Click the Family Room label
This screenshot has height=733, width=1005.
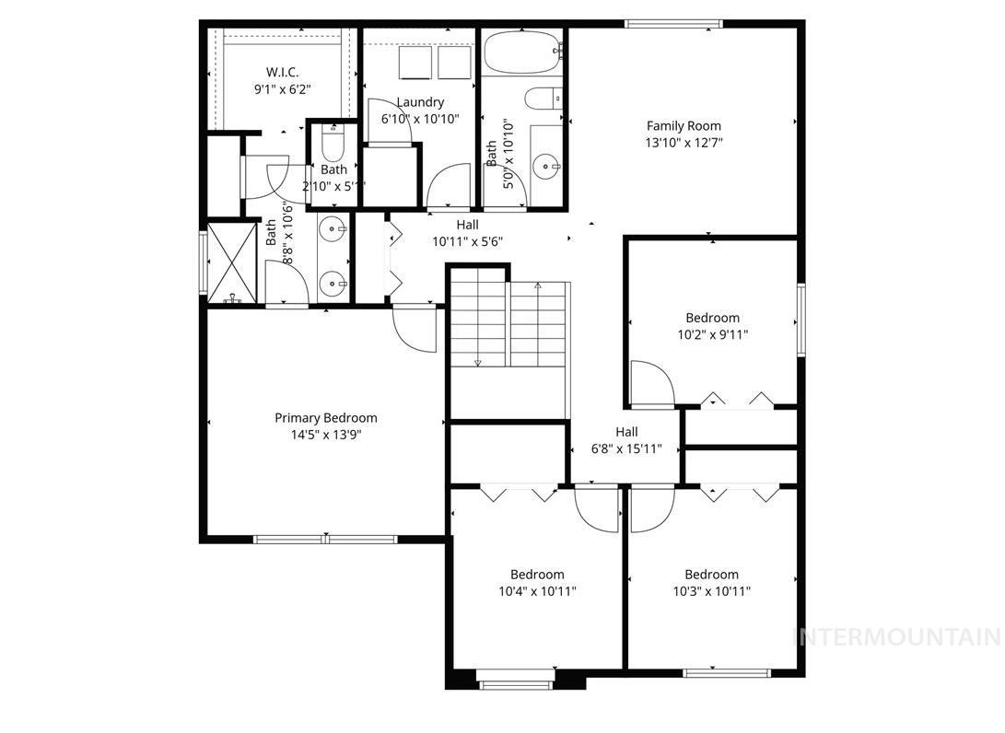tap(684, 126)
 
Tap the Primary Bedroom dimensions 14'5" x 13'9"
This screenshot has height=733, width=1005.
tap(325, 435)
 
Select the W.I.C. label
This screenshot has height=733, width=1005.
tap(283, 72)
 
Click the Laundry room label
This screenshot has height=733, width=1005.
tap(420, 102)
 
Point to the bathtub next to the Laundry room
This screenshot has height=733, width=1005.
tap(522, 53)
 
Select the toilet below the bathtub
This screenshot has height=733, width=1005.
tap(543, 97)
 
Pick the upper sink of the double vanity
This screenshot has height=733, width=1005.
tap(333, 229)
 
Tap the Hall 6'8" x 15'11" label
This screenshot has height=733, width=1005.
tap(626, 432)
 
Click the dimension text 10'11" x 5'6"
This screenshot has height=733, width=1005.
tap(467, 241)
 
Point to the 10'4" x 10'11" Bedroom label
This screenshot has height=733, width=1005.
tap(537, 575)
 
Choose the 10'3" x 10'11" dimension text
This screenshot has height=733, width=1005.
tap(711, 591)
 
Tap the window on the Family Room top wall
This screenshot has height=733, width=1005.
tap(673, 24)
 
